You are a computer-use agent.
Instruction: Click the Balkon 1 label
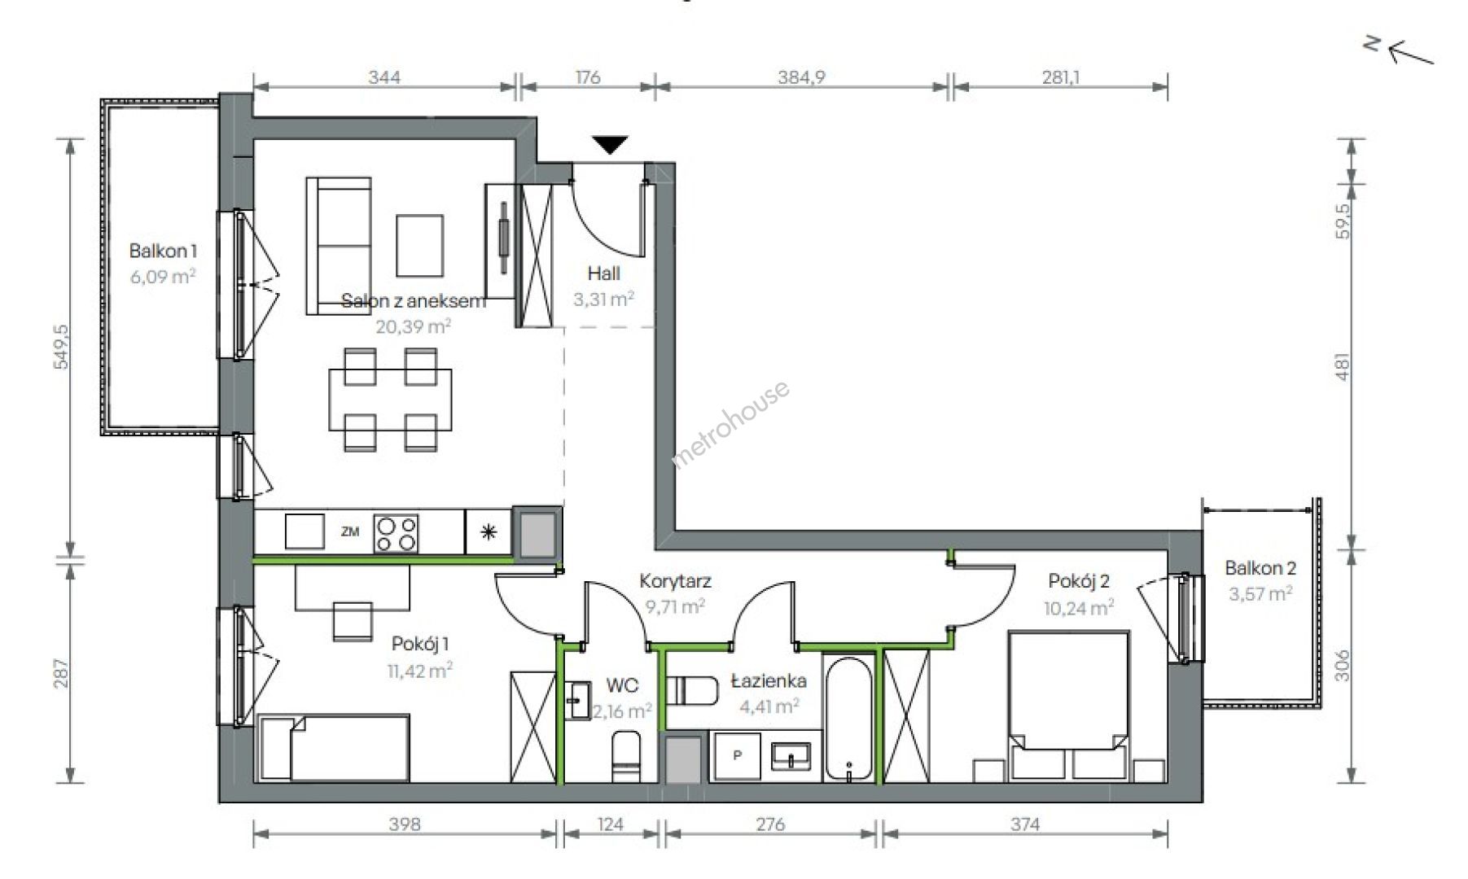click(x=163, y=251)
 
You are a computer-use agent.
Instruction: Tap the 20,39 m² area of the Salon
click(x=413, y=326)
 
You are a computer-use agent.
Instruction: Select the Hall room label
click(x=603, y=273)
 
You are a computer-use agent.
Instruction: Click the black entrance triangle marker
click(x=610, y=145)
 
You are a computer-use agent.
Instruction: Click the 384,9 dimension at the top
click(x=802, y=77)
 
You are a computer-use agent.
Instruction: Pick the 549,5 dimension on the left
click(x=62, y=347)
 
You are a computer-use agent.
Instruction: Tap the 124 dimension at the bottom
click(x=610, y=824)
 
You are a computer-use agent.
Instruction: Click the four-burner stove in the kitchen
click(x=396, y=534)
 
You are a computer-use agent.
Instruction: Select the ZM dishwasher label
click(x=350, y=532)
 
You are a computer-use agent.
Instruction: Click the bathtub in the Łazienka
click(x=848, y=719)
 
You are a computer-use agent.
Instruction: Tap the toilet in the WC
click(x=626, y=757)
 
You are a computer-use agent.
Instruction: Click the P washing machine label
click(x=738, y=755)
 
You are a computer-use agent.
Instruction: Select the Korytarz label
click(x=675, y=581)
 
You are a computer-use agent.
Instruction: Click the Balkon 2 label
click(x=1260, y=568)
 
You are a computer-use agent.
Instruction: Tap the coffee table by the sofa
click(x=420, y=245)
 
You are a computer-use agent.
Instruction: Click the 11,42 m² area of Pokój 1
click(x=420, y=671)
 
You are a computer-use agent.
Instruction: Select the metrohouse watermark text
click(x=730, y=425)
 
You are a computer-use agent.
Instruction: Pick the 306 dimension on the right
click(x=1343, y=665)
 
